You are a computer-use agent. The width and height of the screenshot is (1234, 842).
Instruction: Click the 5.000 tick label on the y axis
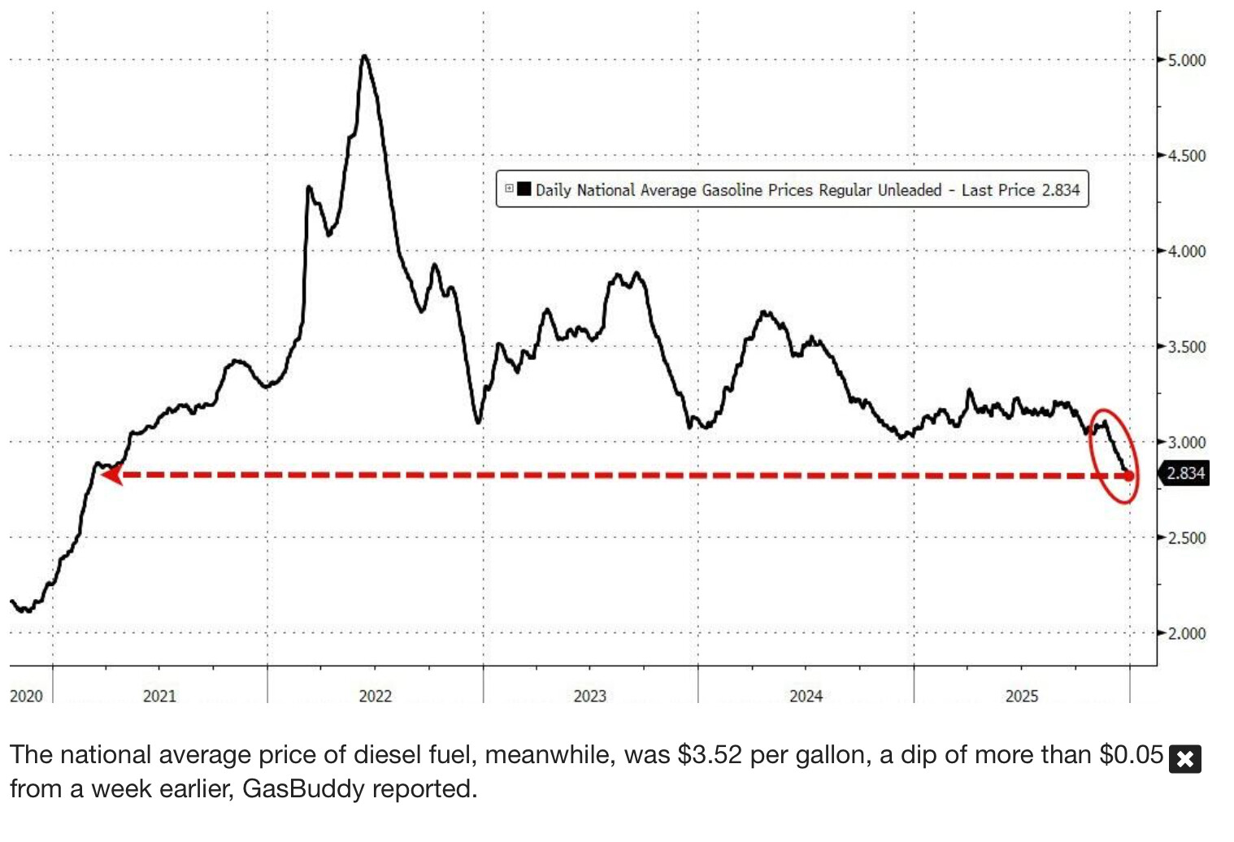(x=1186, y=60)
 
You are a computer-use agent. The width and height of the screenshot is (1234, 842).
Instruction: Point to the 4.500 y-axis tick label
(x=1186, y=155)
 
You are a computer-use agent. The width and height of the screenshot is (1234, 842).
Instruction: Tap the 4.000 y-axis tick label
(x=1186, y=251)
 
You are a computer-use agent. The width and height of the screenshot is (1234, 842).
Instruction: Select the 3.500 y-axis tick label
(x=1186, y=347)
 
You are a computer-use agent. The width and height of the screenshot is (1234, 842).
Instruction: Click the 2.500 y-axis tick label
(x=1186, y=538)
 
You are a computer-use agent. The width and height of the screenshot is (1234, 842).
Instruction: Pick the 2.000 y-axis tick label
(x=1186, y=633)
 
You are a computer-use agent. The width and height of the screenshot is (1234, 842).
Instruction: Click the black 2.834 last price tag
(x=1185, y=473)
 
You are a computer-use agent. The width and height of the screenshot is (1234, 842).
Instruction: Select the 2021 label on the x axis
(x=159, y=696)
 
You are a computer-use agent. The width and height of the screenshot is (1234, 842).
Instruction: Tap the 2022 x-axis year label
(x=375, y=696)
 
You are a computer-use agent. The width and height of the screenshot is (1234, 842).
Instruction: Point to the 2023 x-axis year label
(x=589, y=696)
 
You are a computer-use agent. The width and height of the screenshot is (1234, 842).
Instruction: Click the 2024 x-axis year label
(x=806, y=696)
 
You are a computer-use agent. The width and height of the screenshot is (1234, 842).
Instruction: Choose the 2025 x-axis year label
(x=1021, y=696)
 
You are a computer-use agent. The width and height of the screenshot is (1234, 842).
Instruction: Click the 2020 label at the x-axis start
(x=26, y=696)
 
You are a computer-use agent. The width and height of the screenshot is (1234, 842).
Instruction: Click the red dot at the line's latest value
(x=1129, y=475)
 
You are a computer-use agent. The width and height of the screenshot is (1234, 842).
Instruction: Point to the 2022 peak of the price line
(x=364, y=57)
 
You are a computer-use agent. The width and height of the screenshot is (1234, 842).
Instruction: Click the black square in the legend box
(x=524, y=189)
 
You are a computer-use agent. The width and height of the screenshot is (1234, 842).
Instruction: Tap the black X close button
(x=1184, y=759)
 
